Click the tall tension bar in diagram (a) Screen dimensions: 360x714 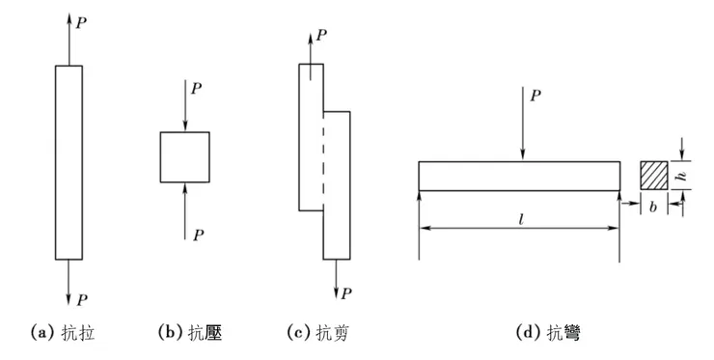tap(68, 162)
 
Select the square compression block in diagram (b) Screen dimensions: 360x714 tap(184, 157)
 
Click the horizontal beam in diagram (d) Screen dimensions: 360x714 tap(519, 176)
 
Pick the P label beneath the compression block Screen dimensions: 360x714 tap(197, 234)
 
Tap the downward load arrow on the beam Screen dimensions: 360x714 tap(521, 125)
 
